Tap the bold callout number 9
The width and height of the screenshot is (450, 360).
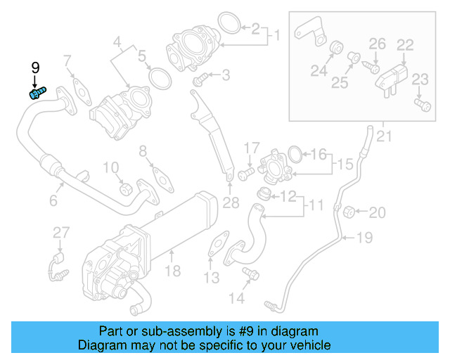pos(35,68)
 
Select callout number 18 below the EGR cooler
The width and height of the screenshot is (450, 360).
pos(172,270)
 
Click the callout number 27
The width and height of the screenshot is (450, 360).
pos(61,233)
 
